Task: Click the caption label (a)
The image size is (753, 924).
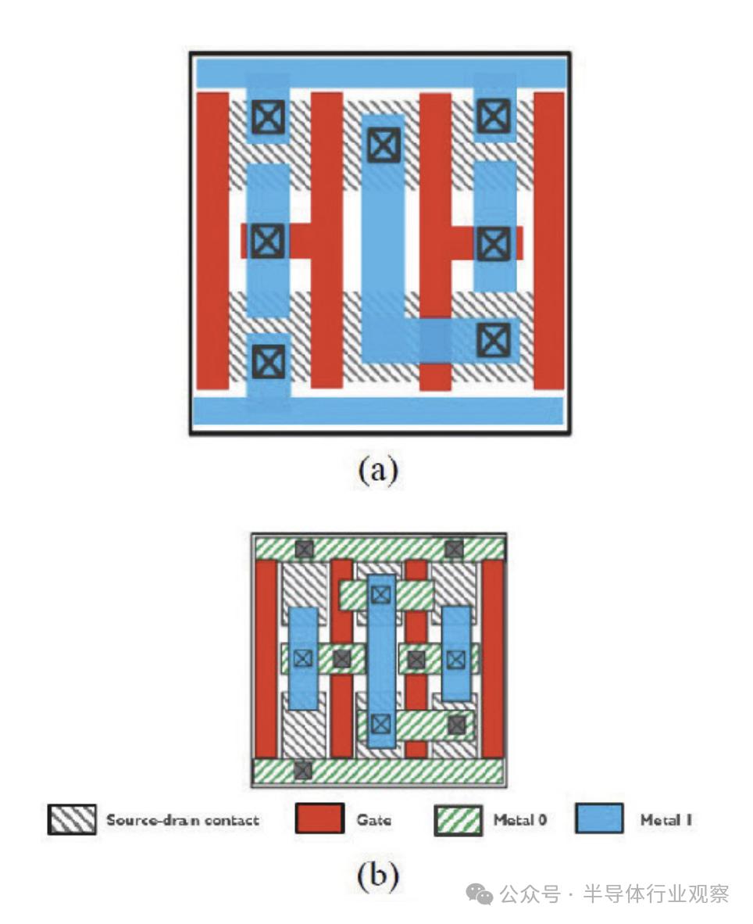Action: [378, 471]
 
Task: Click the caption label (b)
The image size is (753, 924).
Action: [378, 876]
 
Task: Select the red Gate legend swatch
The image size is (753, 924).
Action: [319, 819]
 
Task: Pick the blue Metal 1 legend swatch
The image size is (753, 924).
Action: [599, 819]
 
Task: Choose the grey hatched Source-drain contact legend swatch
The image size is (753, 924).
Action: [72, 819]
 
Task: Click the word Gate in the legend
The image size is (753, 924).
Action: [373, 820]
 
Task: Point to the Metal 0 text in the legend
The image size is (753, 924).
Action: [519, 820]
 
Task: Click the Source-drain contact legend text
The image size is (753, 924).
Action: [182, 820]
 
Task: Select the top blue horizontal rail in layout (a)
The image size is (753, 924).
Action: [380, 72]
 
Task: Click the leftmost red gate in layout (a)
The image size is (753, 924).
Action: [212, 240]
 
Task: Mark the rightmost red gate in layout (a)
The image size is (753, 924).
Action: [548, 240]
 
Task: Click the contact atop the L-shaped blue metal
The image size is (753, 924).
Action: [383, 145]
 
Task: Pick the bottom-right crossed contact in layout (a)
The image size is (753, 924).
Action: [493, 339]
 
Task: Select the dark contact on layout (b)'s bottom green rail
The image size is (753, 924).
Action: [303, 770]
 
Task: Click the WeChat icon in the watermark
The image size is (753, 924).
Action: [480, 894]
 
